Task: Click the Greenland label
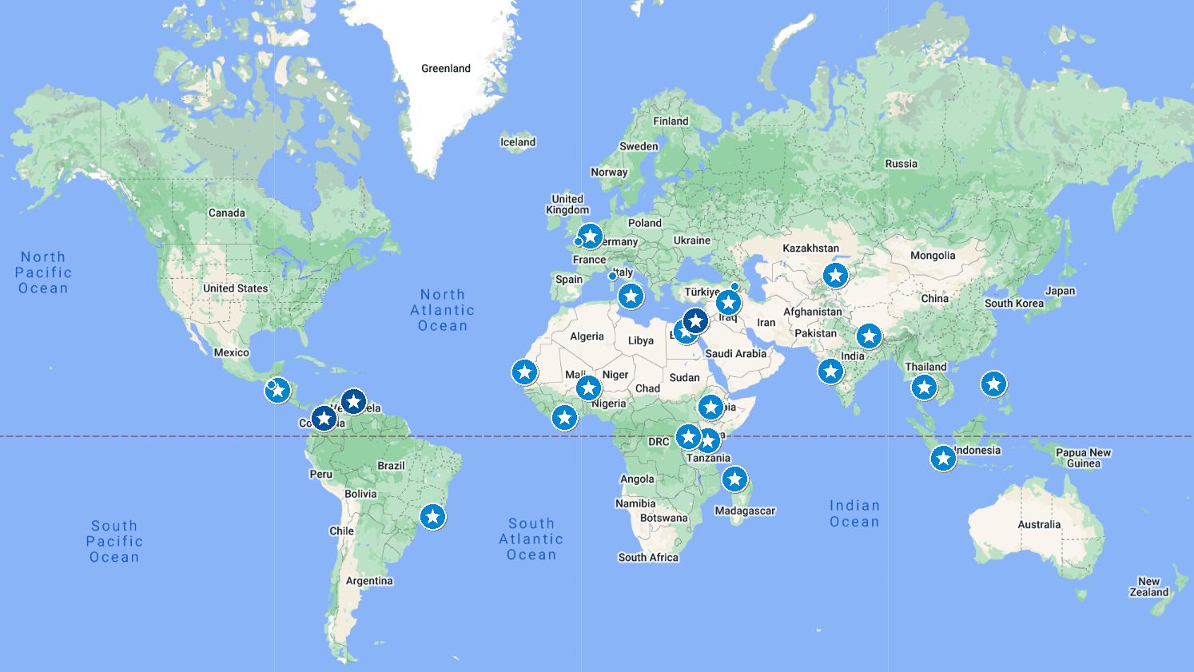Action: pos(446,69)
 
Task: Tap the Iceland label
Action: pos(518,142)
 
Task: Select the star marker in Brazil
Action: pos(432,517)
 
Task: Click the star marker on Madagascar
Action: pos(734,479)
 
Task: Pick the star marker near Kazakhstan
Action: pos(835,276)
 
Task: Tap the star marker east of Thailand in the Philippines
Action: pos(993,384)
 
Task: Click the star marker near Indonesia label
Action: pos(943,459)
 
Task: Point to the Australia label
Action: pos(1039,525)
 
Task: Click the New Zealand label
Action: pos(1148,587)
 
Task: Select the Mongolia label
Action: pos(933,256)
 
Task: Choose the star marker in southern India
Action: pos(830,371)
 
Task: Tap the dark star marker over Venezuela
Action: pos(353,401)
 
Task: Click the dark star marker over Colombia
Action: pos(323,417)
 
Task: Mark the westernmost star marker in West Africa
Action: pos(524,372)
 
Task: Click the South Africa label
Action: pos(648,558)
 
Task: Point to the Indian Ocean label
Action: pos(854,514)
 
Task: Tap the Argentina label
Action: pos(369,581)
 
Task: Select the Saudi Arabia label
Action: pos(735,353)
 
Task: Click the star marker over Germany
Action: pos(590,237)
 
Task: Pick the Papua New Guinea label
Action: pos(1083,458)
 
